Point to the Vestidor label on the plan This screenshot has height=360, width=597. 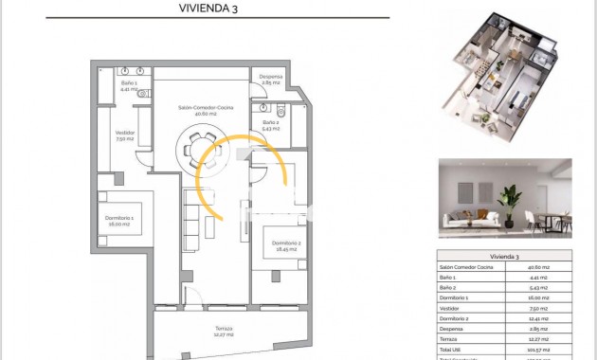point(124,135)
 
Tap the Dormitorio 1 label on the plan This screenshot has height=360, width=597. point(119,220)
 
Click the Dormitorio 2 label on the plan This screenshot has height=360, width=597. point(285,248)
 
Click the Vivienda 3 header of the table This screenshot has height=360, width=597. point(504,257)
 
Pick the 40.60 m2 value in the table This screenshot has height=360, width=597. point(539,268)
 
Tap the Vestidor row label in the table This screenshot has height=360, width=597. point(450,307)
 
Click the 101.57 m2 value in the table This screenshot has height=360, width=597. point(539,347)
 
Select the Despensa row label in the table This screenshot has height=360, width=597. point(452,327)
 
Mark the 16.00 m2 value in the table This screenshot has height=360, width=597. point(539,297)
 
